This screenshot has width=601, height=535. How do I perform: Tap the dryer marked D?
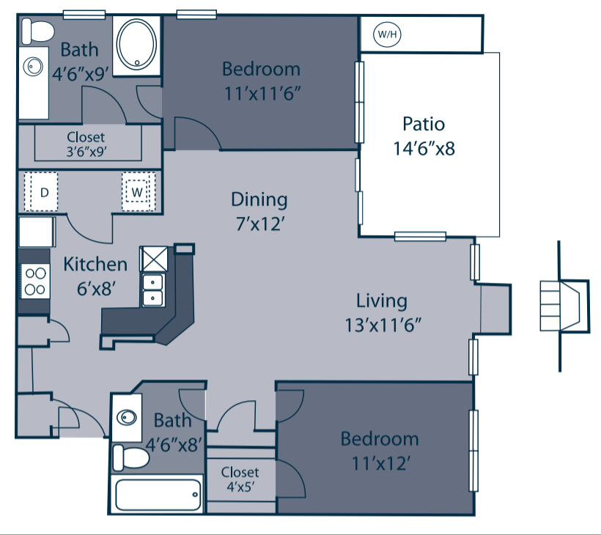tap(44, 193)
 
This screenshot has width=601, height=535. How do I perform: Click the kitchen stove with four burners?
tap(34, 280)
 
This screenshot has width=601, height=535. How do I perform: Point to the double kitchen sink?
tap(153, 290)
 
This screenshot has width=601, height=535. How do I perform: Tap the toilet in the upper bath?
tap(37, 32)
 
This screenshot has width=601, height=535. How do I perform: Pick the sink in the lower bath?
tap(128, 417)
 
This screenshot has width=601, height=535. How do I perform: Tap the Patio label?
tap(424, 123)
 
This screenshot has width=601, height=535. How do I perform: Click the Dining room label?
tap(259, 199)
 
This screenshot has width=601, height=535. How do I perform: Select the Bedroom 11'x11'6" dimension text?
tap(262, 94)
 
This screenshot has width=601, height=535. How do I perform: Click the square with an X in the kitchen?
tap(155, 257)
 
